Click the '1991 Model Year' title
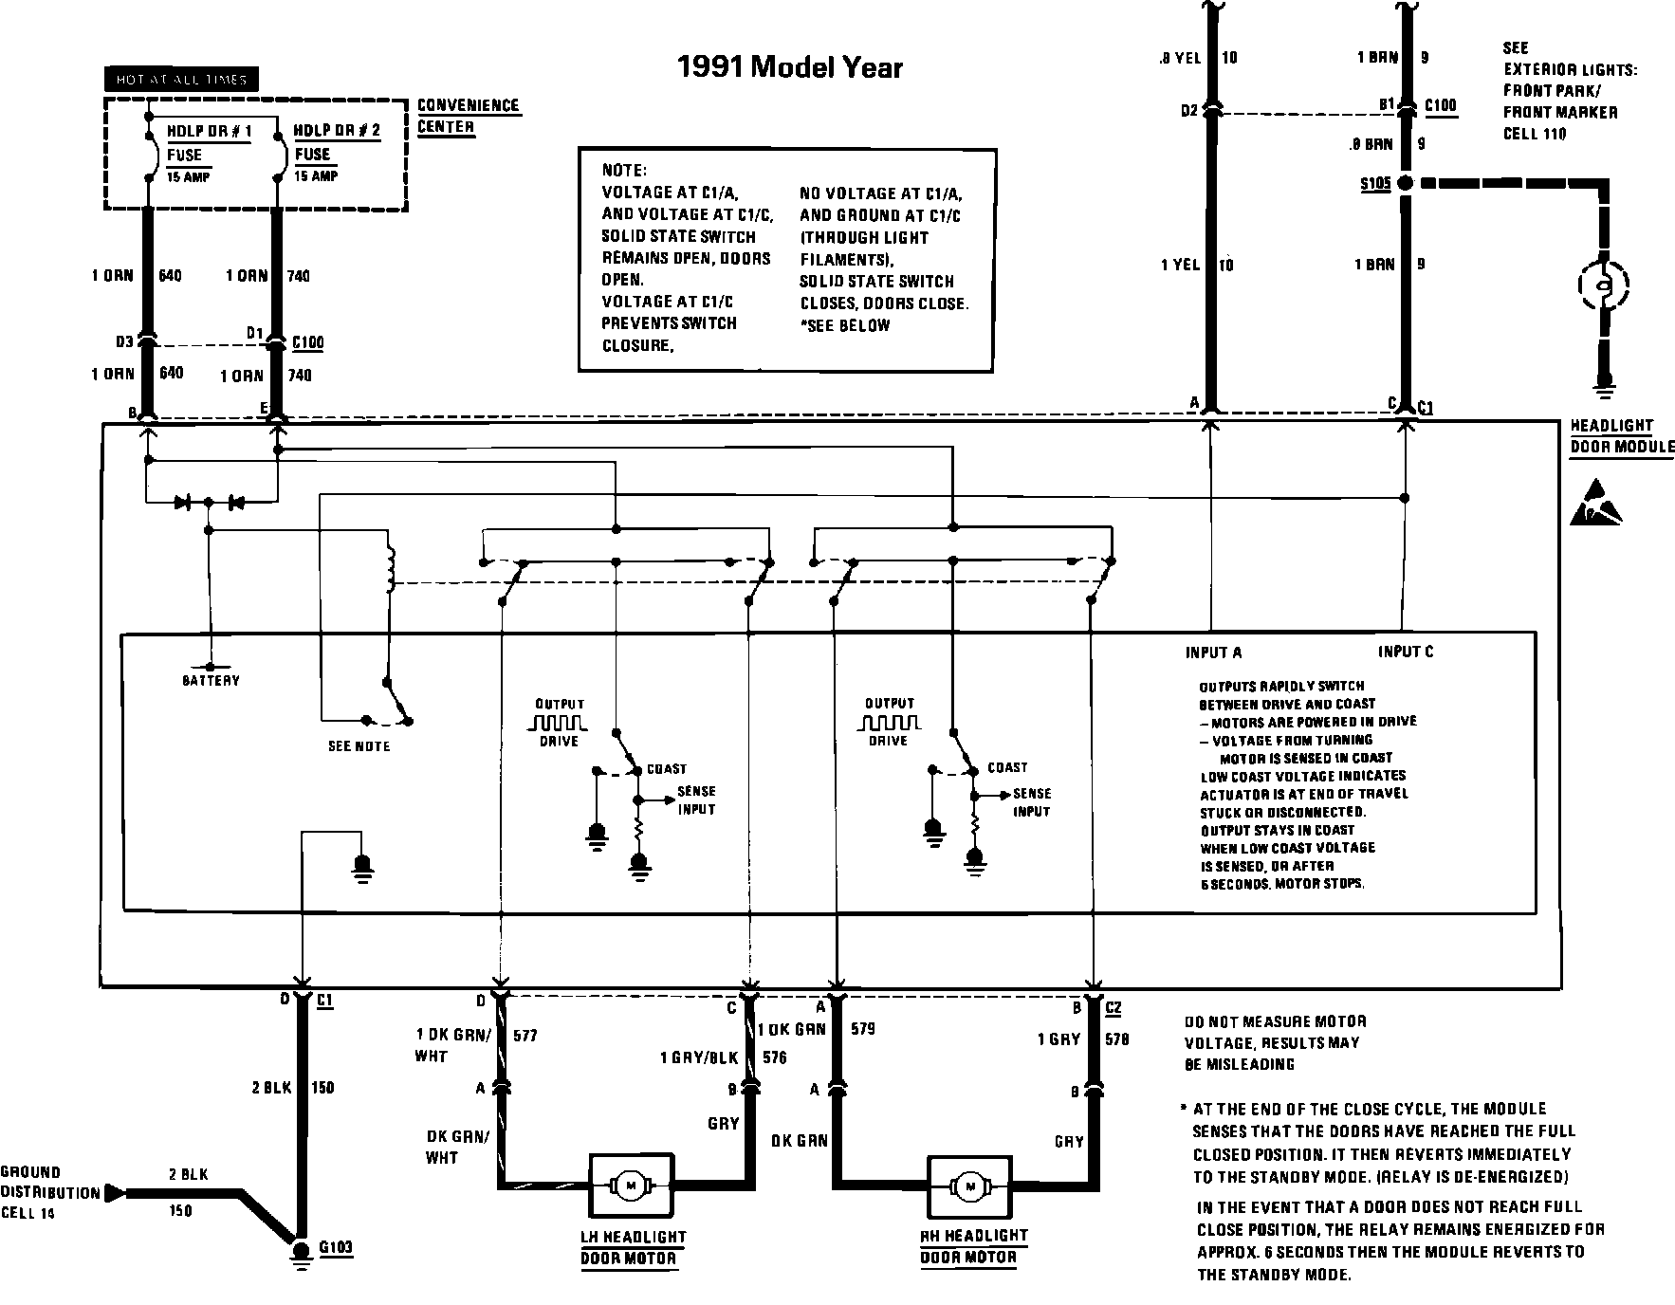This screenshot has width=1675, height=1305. coord(789,67)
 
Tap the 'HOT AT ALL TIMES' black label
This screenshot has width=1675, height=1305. coord(180,80)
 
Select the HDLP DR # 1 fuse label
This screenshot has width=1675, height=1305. coord(209,132)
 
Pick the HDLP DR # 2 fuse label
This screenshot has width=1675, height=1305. coord(337,131)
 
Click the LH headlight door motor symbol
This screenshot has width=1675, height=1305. coord(631,1185)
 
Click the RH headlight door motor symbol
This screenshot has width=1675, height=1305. coord(969,1186)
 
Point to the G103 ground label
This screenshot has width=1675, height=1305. coord(336,1246)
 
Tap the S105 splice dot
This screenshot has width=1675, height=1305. coord(1406,183)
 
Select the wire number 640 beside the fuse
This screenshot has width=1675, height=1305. coord(171,276)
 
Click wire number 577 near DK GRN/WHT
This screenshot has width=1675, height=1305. coord(525,1035)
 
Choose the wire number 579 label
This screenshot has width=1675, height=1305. coord(863,1028)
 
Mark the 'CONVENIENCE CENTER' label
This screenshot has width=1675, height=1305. coord(469,116)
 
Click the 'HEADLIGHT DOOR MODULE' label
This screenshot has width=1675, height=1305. coord(1622,436)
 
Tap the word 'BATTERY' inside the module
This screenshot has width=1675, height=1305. coord(212,680)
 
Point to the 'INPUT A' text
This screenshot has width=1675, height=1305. coord(1213,652)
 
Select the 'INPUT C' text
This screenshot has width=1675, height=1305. coord(1406,652)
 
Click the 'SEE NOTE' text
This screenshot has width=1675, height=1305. coord(359,746)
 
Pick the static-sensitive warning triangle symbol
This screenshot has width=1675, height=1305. coord(1596,505)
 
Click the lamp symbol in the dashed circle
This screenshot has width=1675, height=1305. coord(1604,284)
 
